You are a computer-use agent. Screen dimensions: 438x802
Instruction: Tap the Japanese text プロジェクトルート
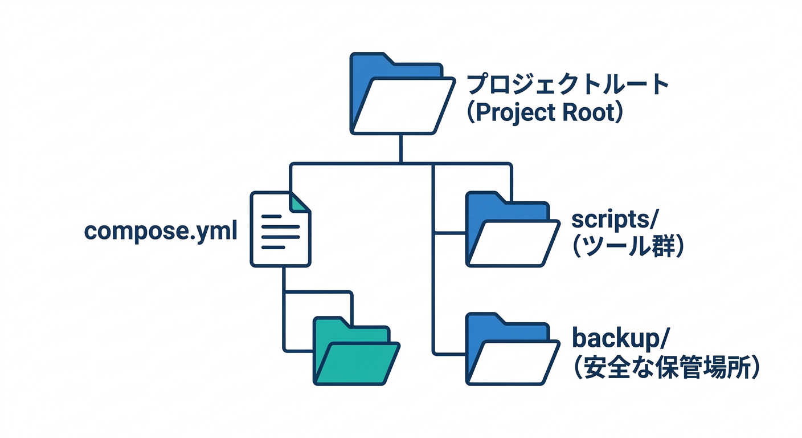(x=567, y=84)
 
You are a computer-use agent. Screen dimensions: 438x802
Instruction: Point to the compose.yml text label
(x=161, y=231)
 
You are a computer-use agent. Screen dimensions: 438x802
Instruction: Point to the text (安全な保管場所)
(x=665, y=368)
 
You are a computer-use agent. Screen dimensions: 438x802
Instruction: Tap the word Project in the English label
(x=515, y=112)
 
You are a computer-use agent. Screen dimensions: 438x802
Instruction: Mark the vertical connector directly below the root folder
(x=402, y=148)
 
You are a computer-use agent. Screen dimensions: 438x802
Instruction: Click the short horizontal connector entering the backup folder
(x=450, y=352)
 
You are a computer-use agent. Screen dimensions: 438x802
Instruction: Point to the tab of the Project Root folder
(x=370, y=59)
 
